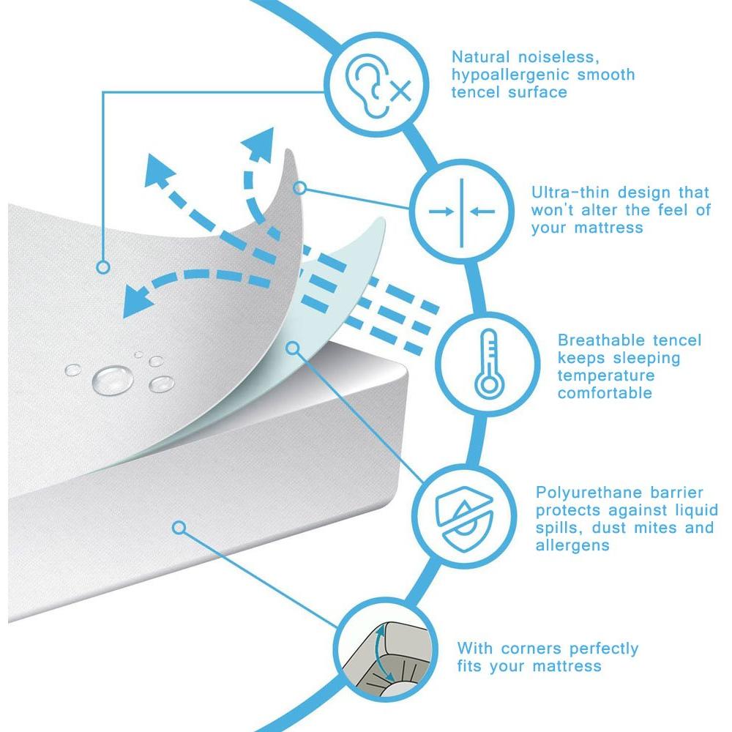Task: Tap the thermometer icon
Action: click(489, 364)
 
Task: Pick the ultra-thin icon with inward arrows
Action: click(462, 212)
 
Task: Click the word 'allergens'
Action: click(572, 545)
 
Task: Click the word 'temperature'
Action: click(606, 376)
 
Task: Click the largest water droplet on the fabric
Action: click(113, 379)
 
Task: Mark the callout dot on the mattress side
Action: click(179, 528)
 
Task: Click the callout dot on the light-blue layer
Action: click(292, 348)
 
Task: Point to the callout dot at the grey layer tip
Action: click(300, 188)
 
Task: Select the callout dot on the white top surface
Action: click(102, 267)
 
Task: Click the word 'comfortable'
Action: click(605, 393)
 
